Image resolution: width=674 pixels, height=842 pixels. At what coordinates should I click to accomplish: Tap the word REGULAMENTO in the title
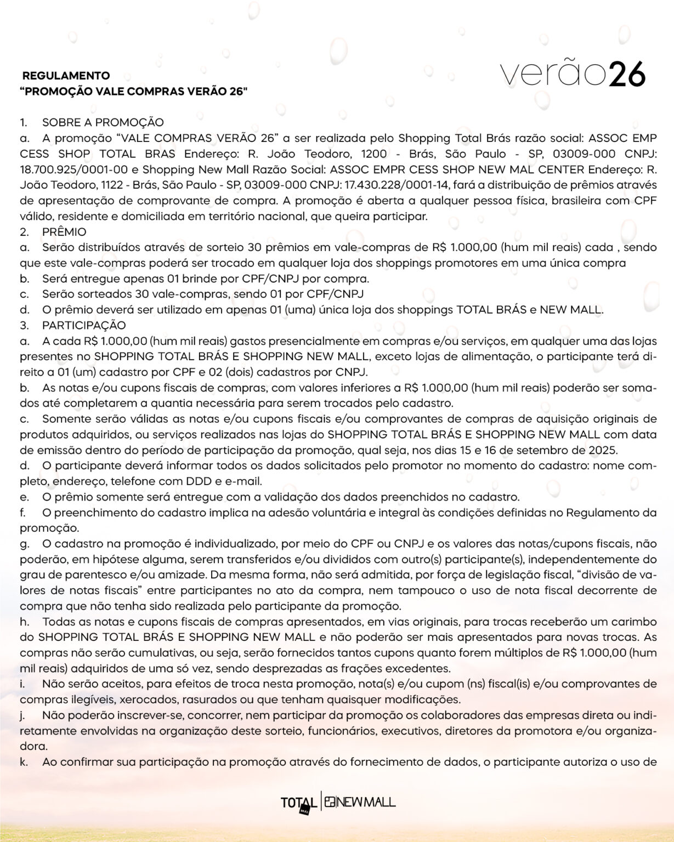(x=66, y=76)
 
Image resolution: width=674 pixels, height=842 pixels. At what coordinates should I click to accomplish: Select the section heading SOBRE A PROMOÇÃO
(x=103, y=123)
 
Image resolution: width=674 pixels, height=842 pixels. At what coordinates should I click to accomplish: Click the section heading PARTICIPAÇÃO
(x=84, y=325)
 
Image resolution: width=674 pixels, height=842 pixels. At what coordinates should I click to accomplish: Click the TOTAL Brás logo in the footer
(x=298, y=803)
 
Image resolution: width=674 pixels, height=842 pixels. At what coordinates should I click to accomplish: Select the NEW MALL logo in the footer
(x=359, y=802)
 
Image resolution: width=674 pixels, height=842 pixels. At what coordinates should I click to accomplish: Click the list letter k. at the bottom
(x=25, y=762)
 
